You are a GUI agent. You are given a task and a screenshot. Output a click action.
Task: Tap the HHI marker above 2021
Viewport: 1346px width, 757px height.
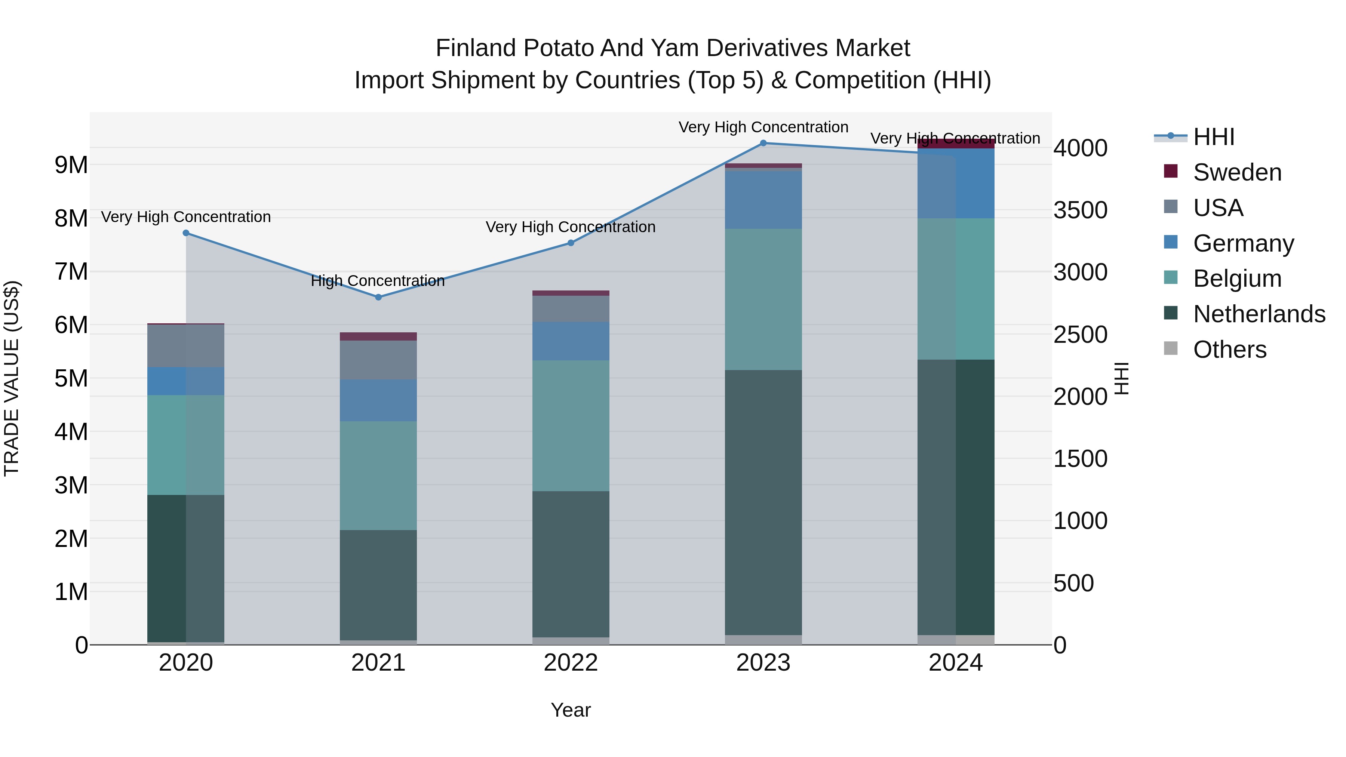pyautogui.click(x=378, y=297)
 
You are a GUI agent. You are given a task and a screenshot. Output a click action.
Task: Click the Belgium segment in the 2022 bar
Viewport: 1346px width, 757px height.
pyautogui.click(x=571, y=426)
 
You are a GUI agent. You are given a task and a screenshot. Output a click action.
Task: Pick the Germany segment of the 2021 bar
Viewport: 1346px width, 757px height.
pyautogui.click(x=378, y=400)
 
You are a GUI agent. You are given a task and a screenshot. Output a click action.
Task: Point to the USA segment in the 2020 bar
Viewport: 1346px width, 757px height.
pyautogui.click(x=186, y=345)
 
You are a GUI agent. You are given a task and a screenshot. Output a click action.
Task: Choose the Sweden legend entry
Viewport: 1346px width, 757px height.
pyautogui.click(x=1237, y=172)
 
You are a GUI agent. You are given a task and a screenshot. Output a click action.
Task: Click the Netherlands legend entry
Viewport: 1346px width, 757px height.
pyautogui.click(x=1259, y=314)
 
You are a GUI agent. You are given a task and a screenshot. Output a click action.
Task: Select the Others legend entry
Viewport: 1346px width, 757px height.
pyautogui.click(x=1229, y=350)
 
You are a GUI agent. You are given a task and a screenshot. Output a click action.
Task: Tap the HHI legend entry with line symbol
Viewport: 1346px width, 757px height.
pyautogui.click(x=1213, y=137)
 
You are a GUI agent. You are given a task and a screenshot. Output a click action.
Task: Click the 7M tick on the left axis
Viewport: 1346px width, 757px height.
pyautogui.click(x=71, y=272)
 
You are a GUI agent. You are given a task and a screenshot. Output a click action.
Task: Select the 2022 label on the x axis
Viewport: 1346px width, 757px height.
pyautogui.click(x=571, y=663)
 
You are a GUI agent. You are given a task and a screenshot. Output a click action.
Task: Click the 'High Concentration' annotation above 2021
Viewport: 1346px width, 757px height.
pyautogui.click(x=378, y=281)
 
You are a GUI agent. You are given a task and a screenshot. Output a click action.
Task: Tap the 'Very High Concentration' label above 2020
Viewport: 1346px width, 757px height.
pyautogui.click(x=186, y=217)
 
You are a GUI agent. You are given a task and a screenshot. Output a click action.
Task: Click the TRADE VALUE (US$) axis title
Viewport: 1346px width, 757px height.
pyautogui.click(x=12, y=378)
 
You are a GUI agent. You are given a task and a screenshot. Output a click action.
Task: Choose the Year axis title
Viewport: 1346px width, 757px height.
pyautogui.click(x=571, y=710)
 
